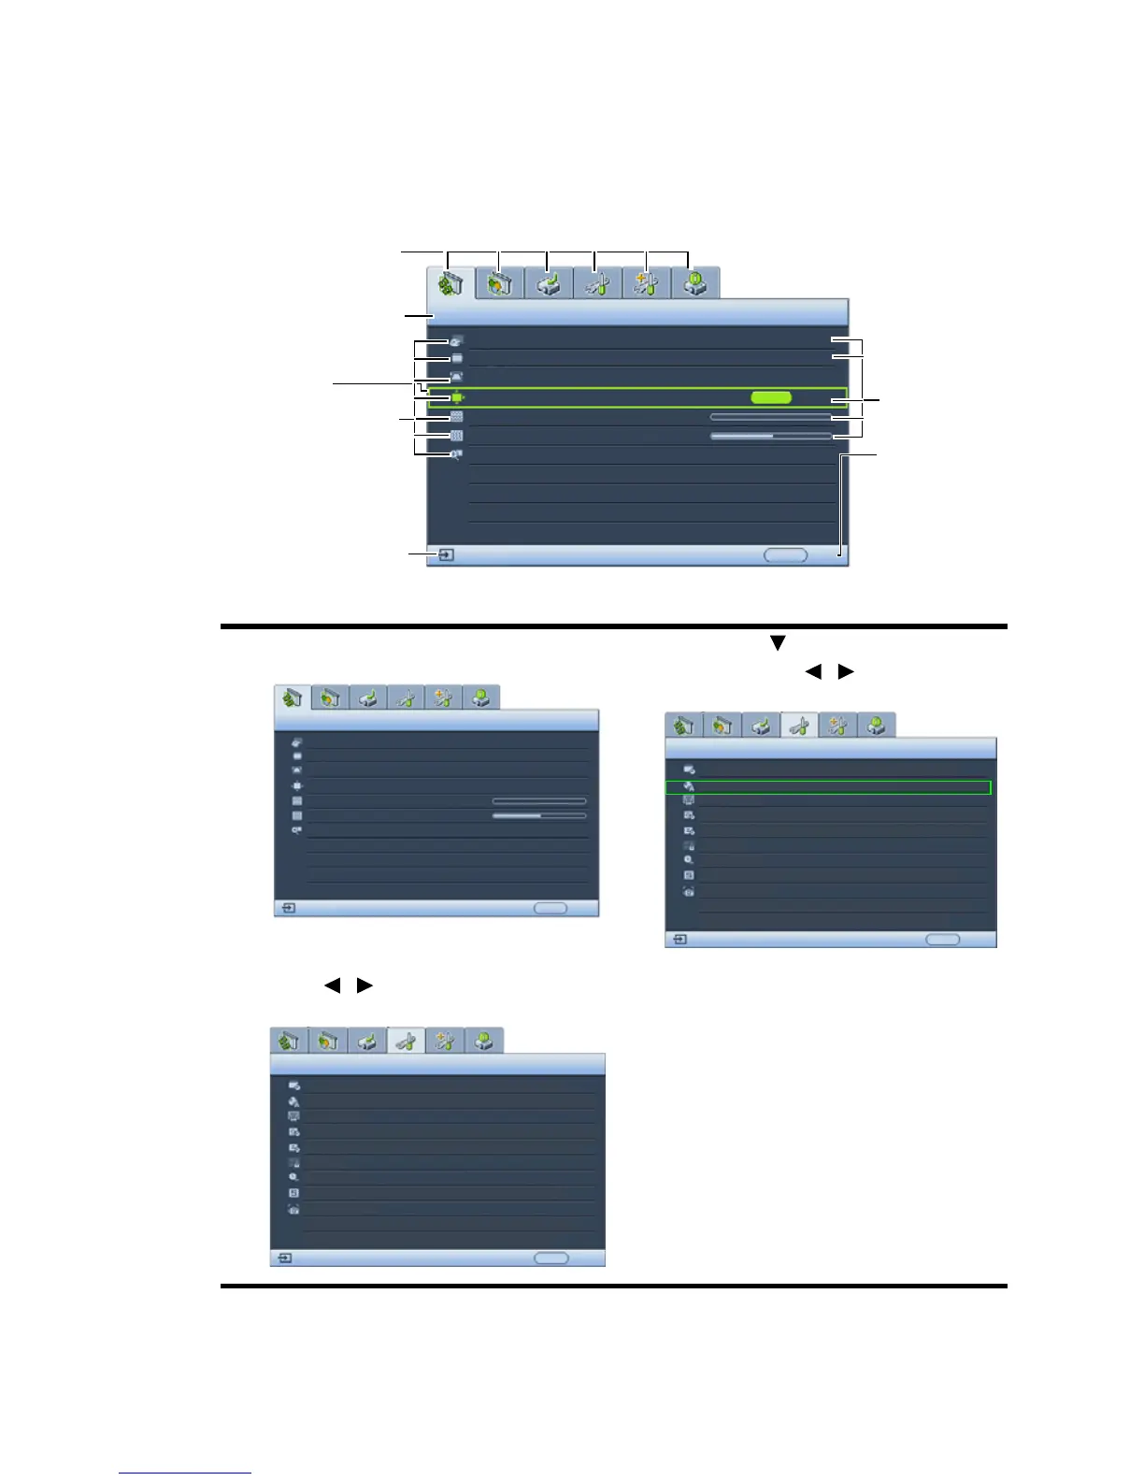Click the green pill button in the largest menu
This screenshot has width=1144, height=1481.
tap(771, 397)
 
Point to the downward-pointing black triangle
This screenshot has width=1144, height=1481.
tap(776, 643)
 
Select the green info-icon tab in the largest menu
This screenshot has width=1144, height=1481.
tap(694, 283)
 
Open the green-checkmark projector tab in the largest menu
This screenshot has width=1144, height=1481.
tap(549, 283)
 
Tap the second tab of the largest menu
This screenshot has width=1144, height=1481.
tap(499, 283)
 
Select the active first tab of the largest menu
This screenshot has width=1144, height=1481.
tap(450, 283)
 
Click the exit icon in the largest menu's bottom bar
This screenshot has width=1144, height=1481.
tap(447, 554)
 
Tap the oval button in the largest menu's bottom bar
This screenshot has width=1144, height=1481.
tap(785, 554)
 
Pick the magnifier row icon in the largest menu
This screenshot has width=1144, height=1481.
tap(456, 454)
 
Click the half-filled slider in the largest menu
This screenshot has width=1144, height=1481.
tap(770, 436)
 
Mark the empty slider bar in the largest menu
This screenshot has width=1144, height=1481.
tap(770, 416)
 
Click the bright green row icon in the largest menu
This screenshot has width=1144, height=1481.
tap(456, 397)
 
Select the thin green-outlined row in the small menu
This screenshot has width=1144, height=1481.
tap(828, 787)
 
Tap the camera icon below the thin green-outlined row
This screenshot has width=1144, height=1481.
tap(689, 892)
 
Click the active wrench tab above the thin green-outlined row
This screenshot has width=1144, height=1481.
tap(799, 726)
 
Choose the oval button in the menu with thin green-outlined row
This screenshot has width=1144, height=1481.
tap(942, 939)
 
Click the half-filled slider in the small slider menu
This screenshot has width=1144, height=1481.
tap(539, 815)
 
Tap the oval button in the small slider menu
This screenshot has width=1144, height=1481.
tap(550, 908)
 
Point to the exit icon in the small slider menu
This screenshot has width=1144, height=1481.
tap(289, 908)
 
